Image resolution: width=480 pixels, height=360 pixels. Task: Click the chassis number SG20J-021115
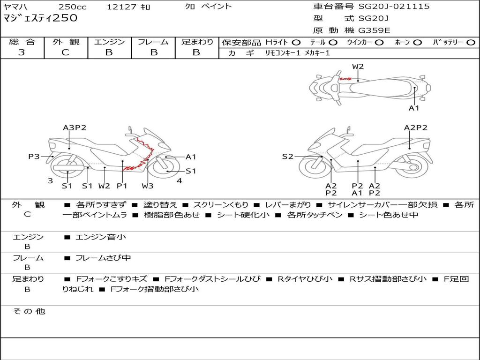tap(394, 7)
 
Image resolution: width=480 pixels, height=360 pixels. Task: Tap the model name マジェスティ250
tap(40, 18)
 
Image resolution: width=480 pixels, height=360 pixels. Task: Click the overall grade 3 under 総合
tap(22, 52)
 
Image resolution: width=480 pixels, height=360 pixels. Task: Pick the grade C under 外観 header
tap(66, 52)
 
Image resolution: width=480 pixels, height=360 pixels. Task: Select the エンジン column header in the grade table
tap(109, 42)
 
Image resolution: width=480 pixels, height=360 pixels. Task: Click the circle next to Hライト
tap(296, 43)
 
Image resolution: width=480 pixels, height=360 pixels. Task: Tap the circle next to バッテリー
tap(471, 43)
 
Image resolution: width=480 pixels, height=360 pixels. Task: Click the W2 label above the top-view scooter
tap(358, 67)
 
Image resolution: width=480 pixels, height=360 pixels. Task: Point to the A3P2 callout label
tap(75, 127)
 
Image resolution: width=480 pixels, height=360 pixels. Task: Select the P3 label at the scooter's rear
tap(34, 157)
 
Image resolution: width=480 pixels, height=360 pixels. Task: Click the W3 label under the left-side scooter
tap(148, 186)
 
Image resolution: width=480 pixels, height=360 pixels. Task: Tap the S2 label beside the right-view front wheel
tap(287, 157)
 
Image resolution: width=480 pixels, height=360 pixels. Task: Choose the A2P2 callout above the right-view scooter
tap(415, 127)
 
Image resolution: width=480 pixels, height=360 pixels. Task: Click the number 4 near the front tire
tap(180, 180)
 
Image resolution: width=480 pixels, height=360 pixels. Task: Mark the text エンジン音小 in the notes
tap(101, 237)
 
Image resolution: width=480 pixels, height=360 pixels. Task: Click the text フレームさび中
tap(103, 258)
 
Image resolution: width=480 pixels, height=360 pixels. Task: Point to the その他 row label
tap(29, 311)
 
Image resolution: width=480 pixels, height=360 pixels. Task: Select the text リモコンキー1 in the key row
tap(283, 53)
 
